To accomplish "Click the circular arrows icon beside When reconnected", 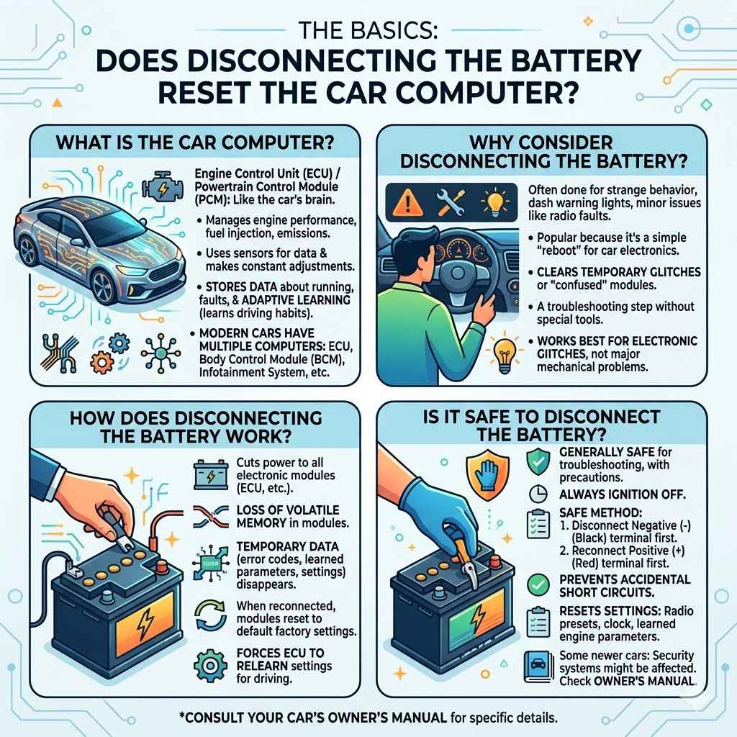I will (212, 612).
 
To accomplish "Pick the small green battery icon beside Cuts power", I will (212, 476).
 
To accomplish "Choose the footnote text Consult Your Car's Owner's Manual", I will (368, 718).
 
